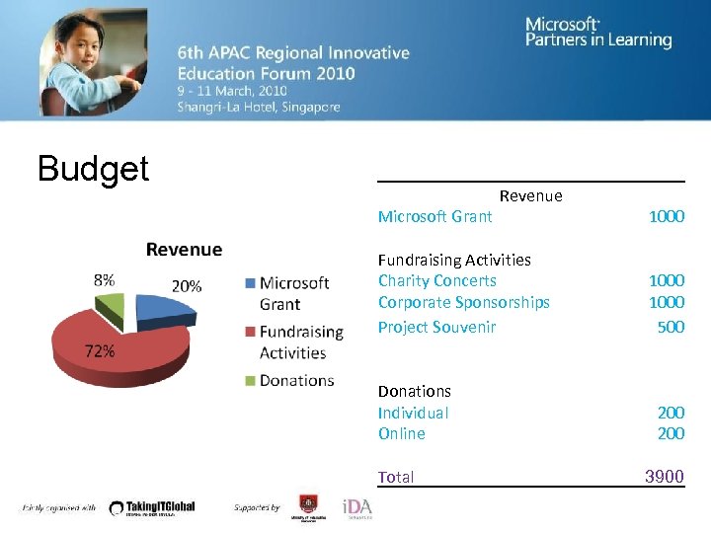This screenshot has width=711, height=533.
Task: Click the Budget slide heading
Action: coord(93,169)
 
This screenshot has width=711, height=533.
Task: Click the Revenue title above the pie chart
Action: coord(184,250)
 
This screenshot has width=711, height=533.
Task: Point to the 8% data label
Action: coord(104,280)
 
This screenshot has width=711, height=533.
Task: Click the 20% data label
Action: coord(187,285)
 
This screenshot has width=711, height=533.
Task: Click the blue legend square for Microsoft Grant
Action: coord(250,283)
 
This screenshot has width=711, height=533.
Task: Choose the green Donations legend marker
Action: coord(250,380)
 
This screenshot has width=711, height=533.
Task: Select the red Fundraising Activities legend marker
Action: coord(250,332)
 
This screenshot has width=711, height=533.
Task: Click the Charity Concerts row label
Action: coord(436,280)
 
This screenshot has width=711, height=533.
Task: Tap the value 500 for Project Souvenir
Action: coord(671,327)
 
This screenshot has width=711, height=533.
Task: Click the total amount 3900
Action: coord(664,477)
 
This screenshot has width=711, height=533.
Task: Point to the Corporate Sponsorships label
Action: coord(463,302)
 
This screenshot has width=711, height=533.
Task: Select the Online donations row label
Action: coord(401,433)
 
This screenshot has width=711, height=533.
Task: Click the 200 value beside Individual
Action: coord(671,413)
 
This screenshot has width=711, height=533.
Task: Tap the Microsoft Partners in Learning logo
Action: coord(597,33)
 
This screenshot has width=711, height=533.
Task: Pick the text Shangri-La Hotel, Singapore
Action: coord(258,107)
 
